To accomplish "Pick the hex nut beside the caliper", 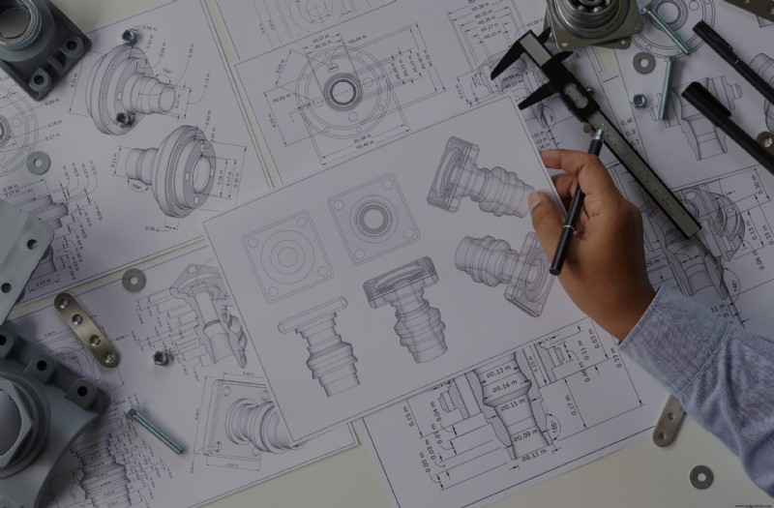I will [x=640, y=100].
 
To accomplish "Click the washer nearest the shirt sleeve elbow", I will [x=701, y=476].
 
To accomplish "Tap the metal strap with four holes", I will [x=86, y=329].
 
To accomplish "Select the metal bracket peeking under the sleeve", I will [x=670, y=421].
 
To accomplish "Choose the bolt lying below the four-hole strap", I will [x=156, y=430].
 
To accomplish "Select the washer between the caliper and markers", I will [x=643, y=63].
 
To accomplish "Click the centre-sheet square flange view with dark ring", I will [x=372, y=218].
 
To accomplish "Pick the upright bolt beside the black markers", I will [x=667, y=87].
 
